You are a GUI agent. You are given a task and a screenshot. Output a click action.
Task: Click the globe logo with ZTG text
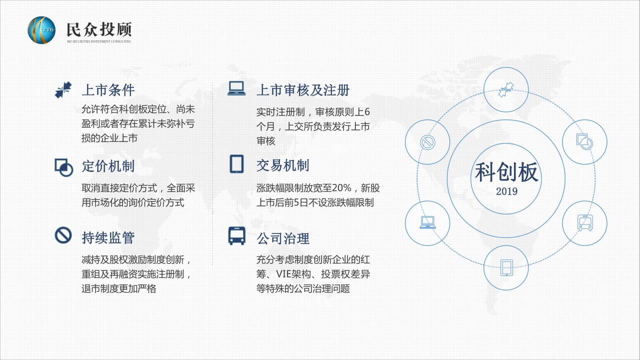[x=41, y=30]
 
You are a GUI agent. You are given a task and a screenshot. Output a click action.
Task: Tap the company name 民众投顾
[x=99, y=29]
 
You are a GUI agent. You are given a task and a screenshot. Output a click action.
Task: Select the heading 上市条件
[x=108, y=90]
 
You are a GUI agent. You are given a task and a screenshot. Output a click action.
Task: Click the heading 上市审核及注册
[x=303, y=90]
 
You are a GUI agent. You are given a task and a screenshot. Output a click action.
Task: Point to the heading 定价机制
[x=108, y=166]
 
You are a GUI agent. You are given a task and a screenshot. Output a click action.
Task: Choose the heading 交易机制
[x=283, y=165]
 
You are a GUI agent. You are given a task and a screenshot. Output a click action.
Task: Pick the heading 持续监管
[x=108, y=237]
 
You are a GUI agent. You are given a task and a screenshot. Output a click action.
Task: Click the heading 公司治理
[x=283, y=238]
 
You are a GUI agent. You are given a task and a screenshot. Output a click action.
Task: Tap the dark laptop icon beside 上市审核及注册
[x=236, y=88]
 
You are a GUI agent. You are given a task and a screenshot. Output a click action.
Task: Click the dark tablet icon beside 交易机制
[x=236, y=164]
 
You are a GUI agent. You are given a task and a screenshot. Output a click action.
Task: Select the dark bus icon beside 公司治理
[x=236, y=236]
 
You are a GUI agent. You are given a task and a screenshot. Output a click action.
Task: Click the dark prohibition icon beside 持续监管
[x=63, y=235]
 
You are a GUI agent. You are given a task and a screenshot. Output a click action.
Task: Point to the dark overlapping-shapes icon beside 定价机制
[x=63, y=167]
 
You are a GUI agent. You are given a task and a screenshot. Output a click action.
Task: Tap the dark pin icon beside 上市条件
[x=63, y=90]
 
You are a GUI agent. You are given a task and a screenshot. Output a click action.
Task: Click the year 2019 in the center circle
[x=506, y=191]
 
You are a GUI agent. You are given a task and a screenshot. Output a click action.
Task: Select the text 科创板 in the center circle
[x=506, y=172]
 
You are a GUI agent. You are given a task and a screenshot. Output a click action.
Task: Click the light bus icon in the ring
[x=585, y=223]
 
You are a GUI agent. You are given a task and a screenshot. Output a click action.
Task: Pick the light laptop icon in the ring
[x=427, y=222]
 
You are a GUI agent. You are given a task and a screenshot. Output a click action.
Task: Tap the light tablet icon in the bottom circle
[x=506, y=268]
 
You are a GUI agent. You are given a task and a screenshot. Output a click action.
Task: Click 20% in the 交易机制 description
[x=341, y=188]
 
